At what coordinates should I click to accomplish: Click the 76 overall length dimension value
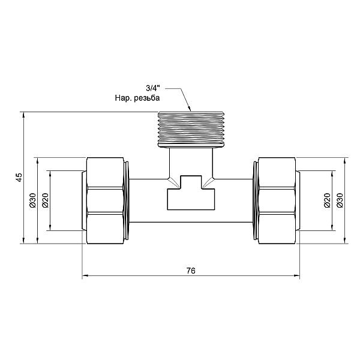click(x=191, y=271)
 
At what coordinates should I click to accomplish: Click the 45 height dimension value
click(x=19, y=178)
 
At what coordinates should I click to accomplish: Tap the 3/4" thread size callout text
click(x=153, y=88)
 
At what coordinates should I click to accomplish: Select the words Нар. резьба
click(x=137, y=98)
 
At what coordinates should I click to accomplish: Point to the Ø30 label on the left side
click(x=32, y=200)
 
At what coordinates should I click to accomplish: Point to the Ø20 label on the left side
click(x=46, y=200)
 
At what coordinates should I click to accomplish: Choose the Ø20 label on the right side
click(x=327, y=200)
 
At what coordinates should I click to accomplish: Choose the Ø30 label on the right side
click(x=340, y=200)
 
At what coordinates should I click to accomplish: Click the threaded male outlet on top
click(x=191, y=129)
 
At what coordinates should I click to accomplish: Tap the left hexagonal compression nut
click(x=105, y=200)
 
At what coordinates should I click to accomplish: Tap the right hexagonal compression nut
click(x=277, y=200)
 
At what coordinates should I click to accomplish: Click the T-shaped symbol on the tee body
click(x=191, y=193)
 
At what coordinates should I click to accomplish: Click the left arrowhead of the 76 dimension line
click(x=85, y=275)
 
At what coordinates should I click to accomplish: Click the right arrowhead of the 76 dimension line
click(x=297, y=275)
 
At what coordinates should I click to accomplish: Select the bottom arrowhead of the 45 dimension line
click(x=23, y=241)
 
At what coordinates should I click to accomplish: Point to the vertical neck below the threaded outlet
click(x=191, y=163)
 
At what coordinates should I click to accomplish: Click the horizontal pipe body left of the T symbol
click(x=148, y=200)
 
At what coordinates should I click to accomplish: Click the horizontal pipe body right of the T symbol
click(x=234, y=200)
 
